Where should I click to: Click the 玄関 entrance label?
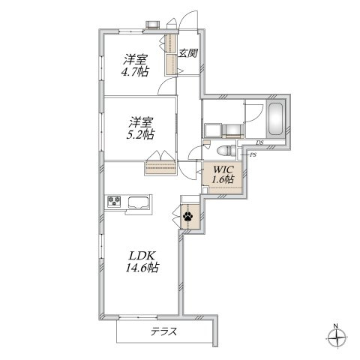pos(187,53)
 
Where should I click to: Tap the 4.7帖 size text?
pos(135,72)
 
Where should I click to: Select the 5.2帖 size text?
pos(140,135)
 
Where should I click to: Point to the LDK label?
pos(142,256)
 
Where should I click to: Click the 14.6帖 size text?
pos(142,268)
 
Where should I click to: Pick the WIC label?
pos(223,169)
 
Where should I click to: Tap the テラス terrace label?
pos(164,331)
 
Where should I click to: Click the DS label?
pos(259,142)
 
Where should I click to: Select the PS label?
pos(253,155)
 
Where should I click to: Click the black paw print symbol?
pos(187,216)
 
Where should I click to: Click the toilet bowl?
pos(224,151)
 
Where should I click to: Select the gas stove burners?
pos(114,201)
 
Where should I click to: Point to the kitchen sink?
pos(139,202)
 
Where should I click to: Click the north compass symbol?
pos(337,338)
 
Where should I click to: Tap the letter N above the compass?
pos(336,325)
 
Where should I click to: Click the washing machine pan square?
pos(212,130)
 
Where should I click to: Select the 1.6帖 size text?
pos(223,179)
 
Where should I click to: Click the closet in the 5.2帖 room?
pos(160,168)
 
